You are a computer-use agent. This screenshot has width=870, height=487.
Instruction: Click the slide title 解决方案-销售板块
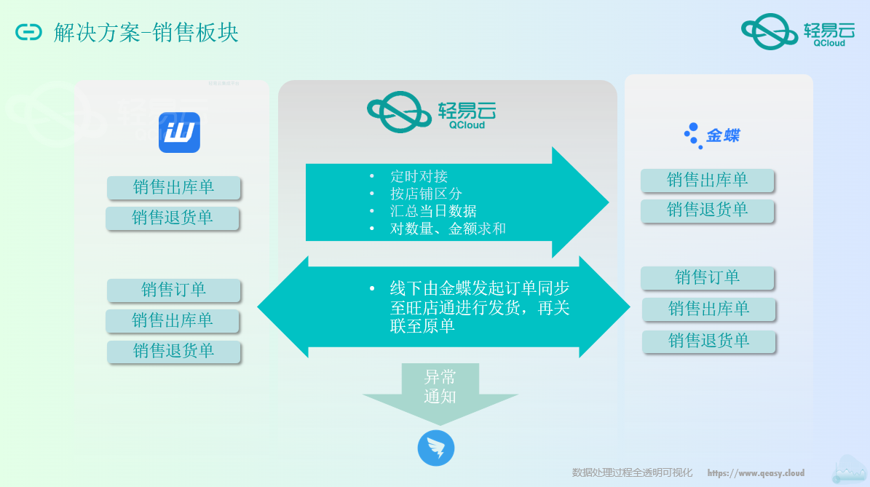146,33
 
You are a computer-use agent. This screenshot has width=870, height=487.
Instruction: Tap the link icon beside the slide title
29,33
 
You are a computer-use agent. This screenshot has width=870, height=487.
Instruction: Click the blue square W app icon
179,132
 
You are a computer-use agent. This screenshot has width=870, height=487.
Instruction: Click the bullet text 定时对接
419,176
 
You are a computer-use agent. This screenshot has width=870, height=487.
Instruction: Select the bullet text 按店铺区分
426,194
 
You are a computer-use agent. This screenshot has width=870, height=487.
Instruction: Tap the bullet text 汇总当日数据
433,211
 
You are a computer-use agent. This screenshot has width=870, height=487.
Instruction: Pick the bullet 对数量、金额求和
448,229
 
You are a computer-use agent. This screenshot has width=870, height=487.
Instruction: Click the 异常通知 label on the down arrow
440,387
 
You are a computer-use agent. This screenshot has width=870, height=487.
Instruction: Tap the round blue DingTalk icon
436,448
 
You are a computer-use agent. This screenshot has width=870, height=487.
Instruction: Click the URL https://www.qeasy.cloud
756,473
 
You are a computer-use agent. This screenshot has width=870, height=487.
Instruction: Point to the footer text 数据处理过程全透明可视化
632,473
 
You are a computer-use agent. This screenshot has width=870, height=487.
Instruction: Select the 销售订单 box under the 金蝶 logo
707,277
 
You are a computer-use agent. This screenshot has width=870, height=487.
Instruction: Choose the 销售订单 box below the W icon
173,290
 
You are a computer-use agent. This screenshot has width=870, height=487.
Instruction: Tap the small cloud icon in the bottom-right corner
849,470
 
